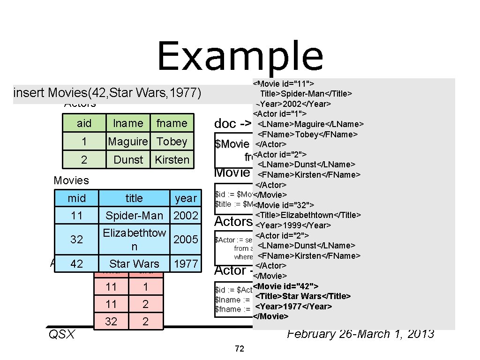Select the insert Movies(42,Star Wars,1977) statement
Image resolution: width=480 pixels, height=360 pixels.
pyautogui.click(x=108, y=93)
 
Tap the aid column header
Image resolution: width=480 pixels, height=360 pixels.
pyautogui.click(x=84, y=123)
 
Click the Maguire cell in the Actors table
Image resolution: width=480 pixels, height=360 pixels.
pyautogui.click(x=127, y=142)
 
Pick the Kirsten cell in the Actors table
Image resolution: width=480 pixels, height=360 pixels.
pyautogui.click(x=172, y=159)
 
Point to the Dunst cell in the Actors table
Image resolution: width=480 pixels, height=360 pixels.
pyautogui.click(x=128, y=159)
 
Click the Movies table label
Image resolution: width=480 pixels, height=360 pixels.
pyautogui.click(x=71, y=180)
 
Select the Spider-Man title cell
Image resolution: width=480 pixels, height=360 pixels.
pyautogui.click(x=134, y=216)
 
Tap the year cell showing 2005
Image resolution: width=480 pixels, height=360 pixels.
pyautogui.click(x=186, y=239)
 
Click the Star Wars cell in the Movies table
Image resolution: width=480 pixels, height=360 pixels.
pyautogui.click(x=134, y=264)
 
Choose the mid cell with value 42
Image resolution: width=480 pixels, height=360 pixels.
pyautogui.click(x=76, y=264)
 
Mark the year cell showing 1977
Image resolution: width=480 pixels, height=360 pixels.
pyautogui.click(x=186, y=264)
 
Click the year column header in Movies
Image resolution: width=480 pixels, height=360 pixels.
pyautogui.click(x=186, y=198)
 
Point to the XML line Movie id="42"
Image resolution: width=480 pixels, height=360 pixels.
pyautogui.click(x=286, y=286)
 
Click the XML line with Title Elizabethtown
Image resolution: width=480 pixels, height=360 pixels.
pyautogui.click(x=308, y=215)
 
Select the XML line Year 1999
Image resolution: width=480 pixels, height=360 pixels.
pyautogui.click(x=293, y=225)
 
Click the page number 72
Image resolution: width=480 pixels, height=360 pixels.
pyautogui.click(x=240, y=349)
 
